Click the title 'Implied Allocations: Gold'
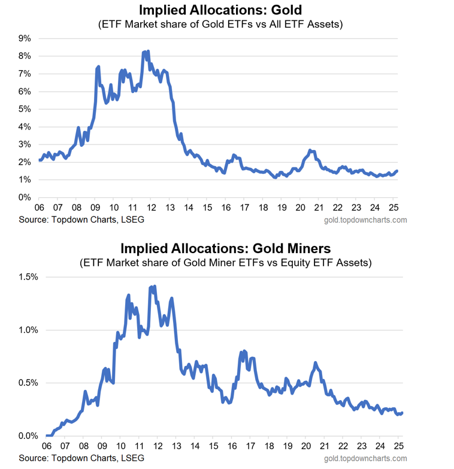tap(220, 10)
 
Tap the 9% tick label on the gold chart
tap(25, 38)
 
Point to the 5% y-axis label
tap(25, 109)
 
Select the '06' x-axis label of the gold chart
tap(39, 208)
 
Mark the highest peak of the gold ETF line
tap(147, 52)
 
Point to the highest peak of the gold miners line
tap(155, 287)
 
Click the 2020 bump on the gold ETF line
tap(310, 151)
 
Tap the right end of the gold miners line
tap(402, 413)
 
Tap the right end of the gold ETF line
tap(397, 171)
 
